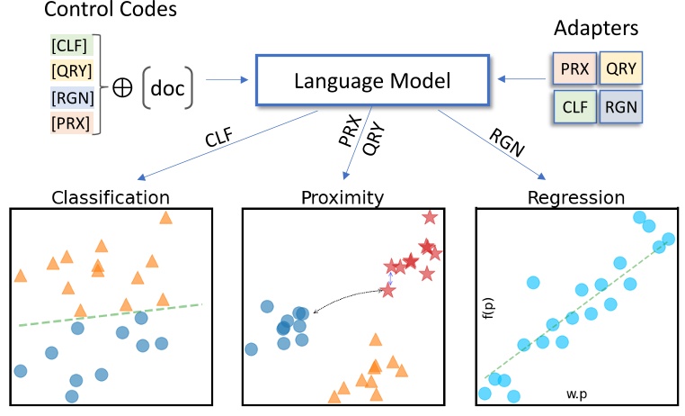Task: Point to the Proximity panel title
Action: pos(342,196)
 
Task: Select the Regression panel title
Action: pos(576,196)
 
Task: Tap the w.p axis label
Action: pos(577,394)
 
